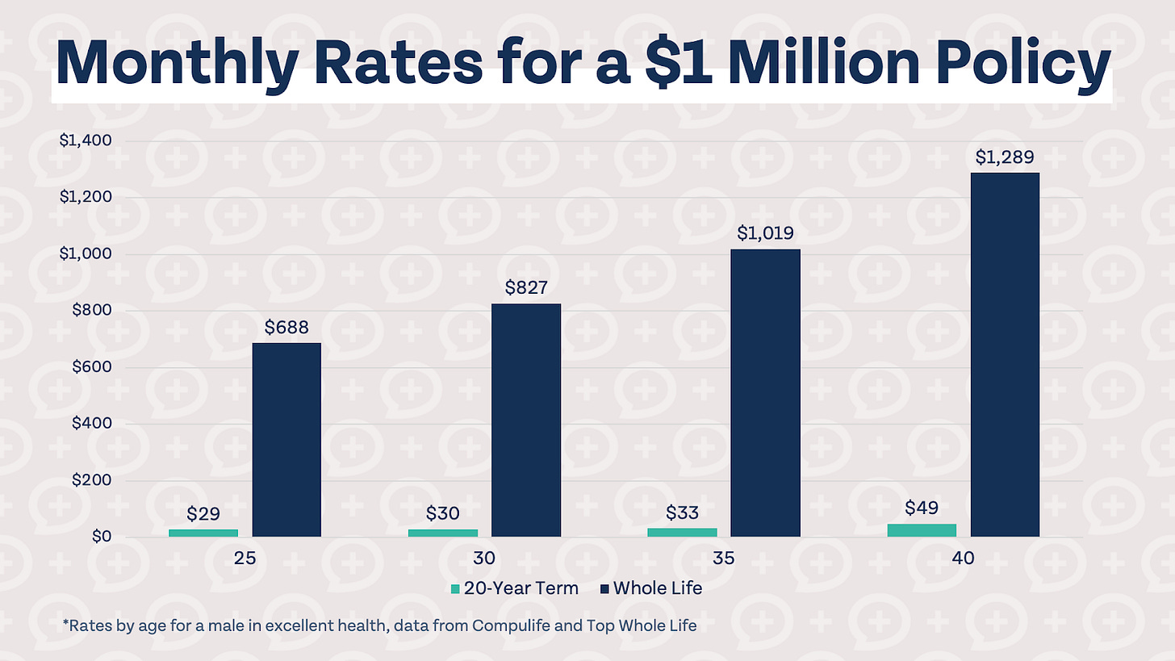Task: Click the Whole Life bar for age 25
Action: click(x=286, y=440)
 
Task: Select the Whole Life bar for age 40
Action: click(x=1005, y=355)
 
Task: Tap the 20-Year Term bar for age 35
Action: click(x=683, y=533)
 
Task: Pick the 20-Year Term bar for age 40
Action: click(x=922, y=530)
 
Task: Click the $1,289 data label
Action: click(x=1005, y=157)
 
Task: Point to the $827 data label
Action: click(x=526, y=287)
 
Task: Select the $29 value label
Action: click(x=203, y=513)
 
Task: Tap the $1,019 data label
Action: click(x=765, y=233)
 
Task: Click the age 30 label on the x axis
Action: click(x=484, y=558)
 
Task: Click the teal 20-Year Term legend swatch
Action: click(x=455, y=588)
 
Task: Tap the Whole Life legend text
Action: click(x=658, y=588)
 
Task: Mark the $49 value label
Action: click(x=922, y=508)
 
